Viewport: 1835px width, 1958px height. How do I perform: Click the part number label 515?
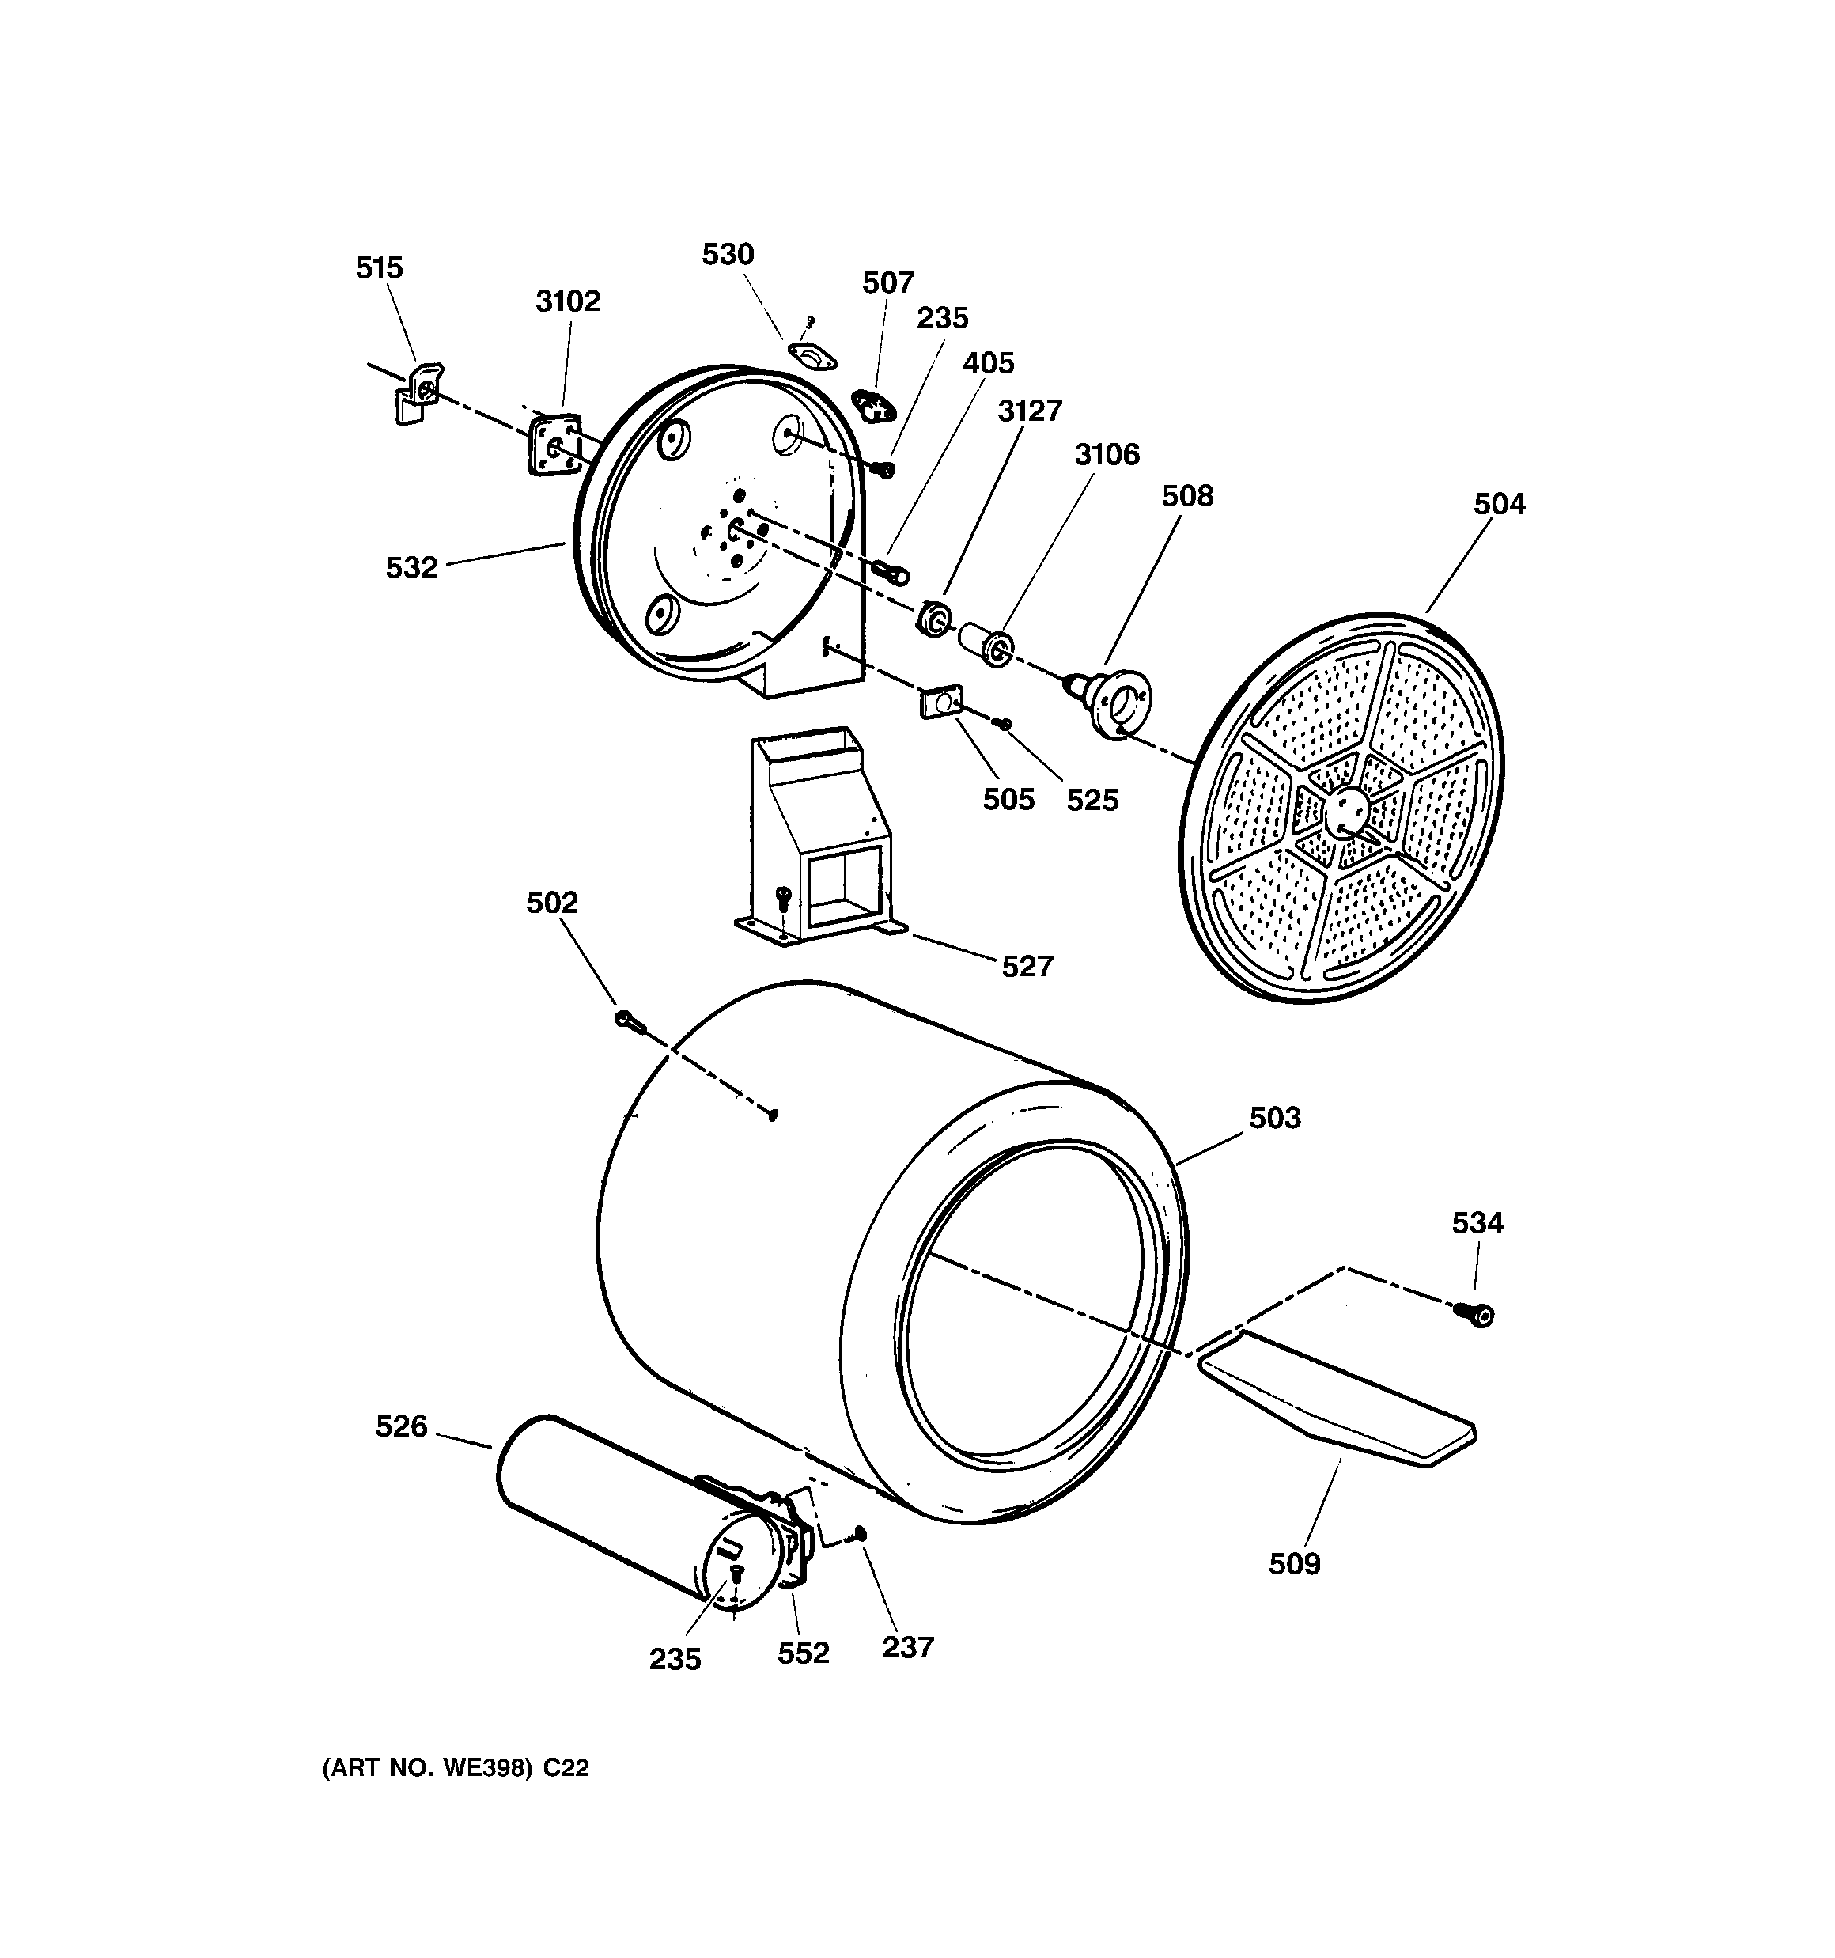click(379, 268)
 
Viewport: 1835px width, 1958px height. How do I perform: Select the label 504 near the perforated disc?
click(1499, 504)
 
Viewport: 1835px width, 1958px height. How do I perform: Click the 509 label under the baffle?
click(1293, 1564)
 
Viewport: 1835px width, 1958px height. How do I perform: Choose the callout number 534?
click(1477, 1223)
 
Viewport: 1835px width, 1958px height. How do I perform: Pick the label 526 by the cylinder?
click(401, 1426)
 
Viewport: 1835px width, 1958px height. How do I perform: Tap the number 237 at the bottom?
click(907, 1647)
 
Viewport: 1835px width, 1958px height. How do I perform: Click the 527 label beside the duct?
click(1027, 966)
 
